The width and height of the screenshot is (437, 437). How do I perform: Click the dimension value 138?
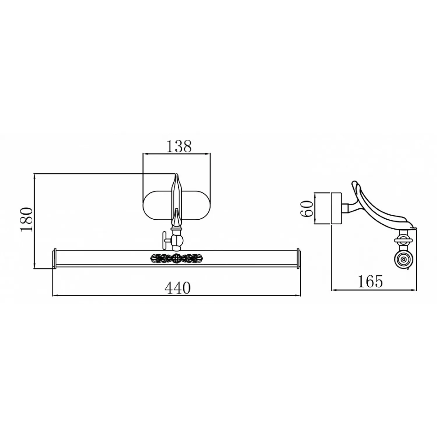[x=179, y=146]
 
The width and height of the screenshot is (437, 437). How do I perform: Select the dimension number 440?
[x=177, y=288]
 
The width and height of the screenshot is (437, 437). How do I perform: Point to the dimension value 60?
[x=307, y=209]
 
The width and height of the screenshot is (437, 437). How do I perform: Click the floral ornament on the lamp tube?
[x=176, y=258]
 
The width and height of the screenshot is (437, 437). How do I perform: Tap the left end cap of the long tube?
[x=54, y=258]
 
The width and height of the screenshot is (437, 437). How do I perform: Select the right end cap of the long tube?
[x=298, y=258]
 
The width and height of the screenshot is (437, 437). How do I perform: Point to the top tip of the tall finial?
[x=176, y=174]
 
